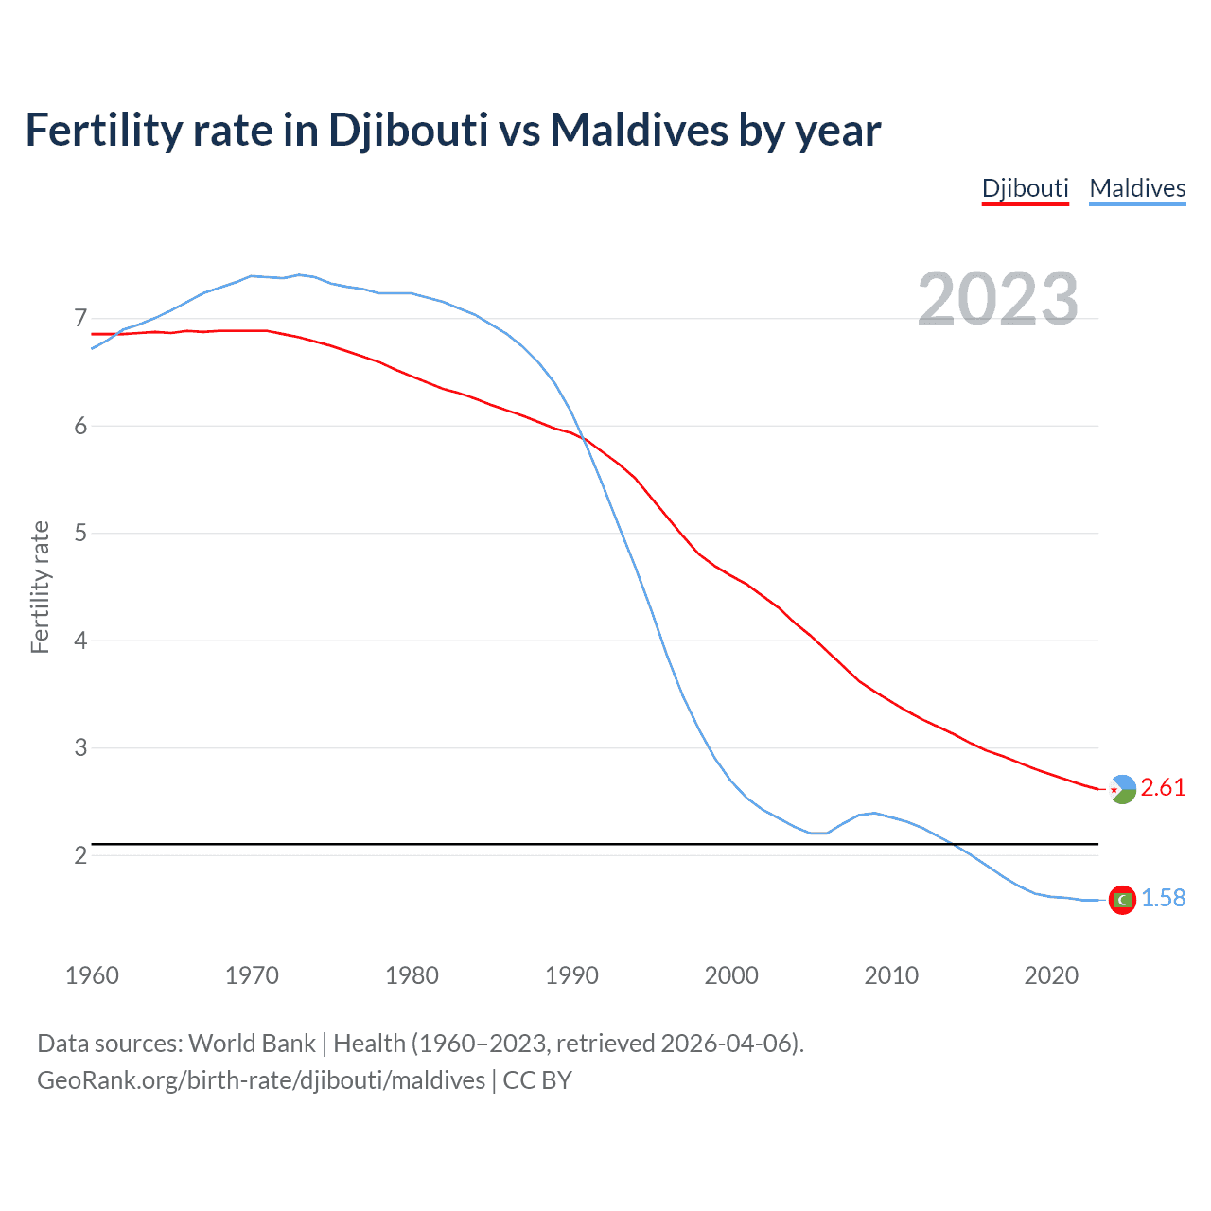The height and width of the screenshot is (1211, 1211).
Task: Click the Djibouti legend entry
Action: point(1025,188)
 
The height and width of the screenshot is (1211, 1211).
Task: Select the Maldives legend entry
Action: point(1137,188)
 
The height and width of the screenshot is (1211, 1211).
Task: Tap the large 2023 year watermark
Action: point(998,299)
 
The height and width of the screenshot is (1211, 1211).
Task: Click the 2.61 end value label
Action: point(1163,787)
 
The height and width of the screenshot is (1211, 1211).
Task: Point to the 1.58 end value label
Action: point(1163,898)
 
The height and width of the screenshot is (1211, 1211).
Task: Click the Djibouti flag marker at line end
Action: point(1122,789)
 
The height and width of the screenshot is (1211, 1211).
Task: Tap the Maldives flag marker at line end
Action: point(1122,900)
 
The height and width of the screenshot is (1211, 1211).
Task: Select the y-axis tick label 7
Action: point(80,318)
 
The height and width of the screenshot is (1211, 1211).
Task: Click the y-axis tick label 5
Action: point(80,533)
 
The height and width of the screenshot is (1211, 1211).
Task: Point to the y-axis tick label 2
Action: point(80,855)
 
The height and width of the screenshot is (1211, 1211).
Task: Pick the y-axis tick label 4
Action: point(80,641)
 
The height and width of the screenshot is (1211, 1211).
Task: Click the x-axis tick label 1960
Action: point(92,975)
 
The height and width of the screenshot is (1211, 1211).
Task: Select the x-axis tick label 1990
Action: point(571,975)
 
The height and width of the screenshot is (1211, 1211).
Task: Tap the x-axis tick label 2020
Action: point(1051,975)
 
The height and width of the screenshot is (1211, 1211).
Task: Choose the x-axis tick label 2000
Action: point(731,975)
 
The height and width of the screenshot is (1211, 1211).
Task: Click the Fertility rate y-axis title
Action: point(40,587)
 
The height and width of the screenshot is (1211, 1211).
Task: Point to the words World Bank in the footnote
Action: point(252,1044)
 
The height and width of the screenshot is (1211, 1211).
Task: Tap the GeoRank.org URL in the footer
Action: point(260,1080)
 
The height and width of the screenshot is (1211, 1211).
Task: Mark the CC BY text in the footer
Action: point(537,1080)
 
